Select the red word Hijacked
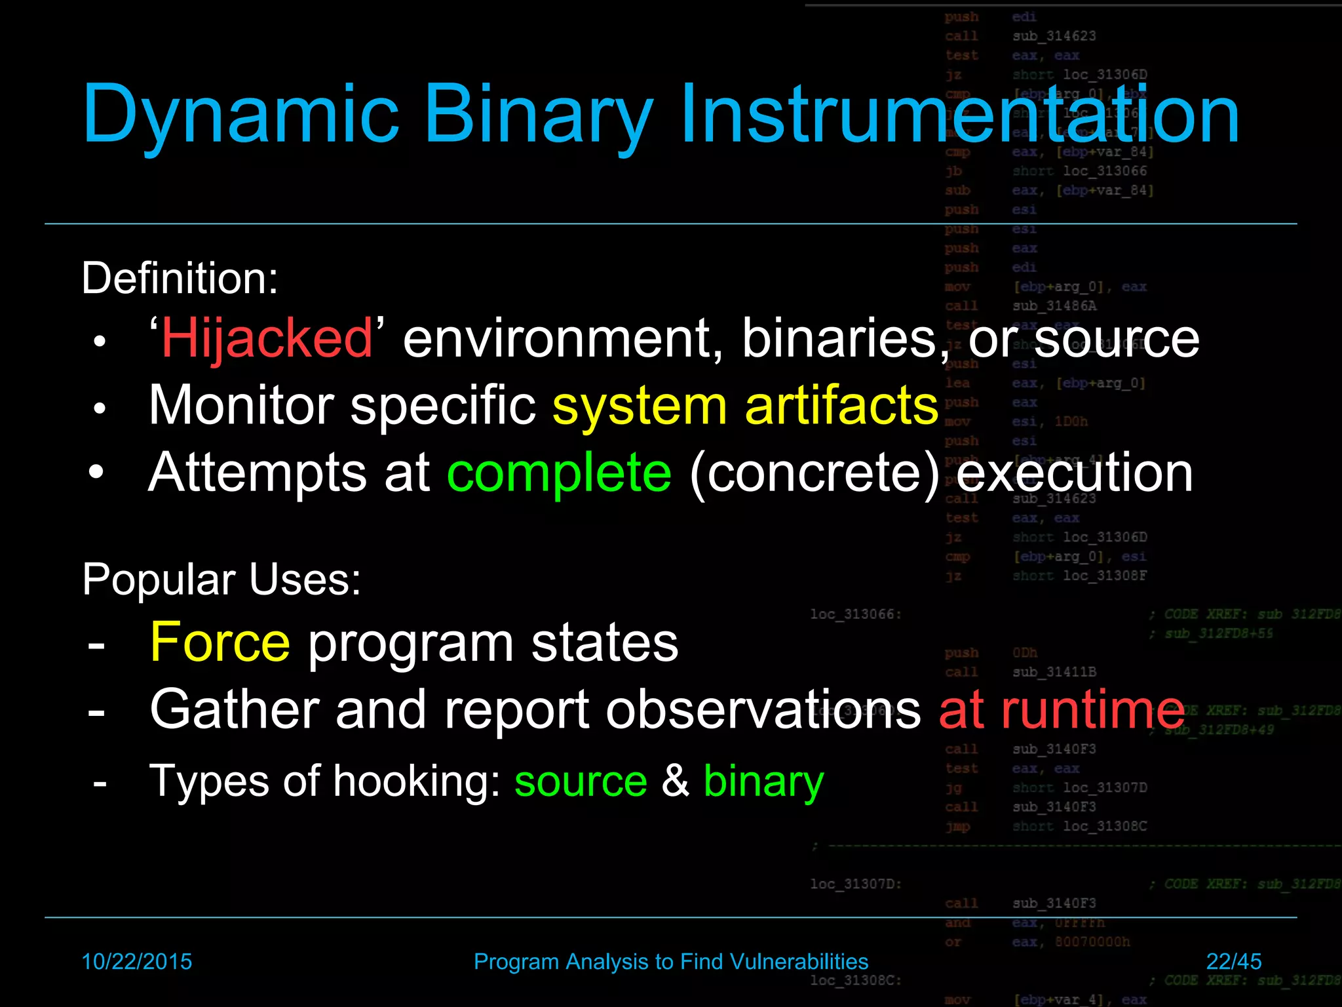[x=267, y=338]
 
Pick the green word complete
[x=559, y=473]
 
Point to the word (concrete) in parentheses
[x=815, y=473]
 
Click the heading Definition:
[x=180, y=278]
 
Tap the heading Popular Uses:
[x=221, y=580]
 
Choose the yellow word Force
[x=220, y=642]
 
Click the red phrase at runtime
[x=1062, y=710]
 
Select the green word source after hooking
[x=581, y=781]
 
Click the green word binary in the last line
[x=763, y=781]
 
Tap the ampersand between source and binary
[x=675, y=781]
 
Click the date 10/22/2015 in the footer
[x=136, y=962]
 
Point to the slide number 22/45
[x=1233, y=962]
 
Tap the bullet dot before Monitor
[x=99, y=408]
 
